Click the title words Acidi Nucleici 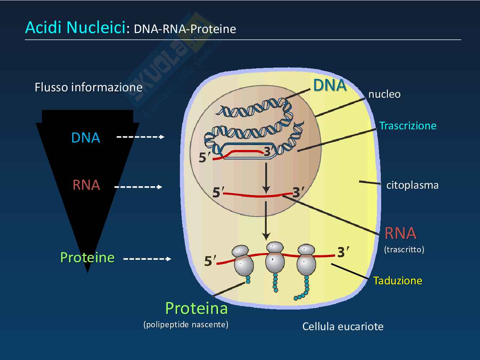click(75, 28)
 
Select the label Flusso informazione click(88, 87)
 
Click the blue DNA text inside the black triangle click(86, 138)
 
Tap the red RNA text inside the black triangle click(86, 185)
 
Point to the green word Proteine click(87, 257)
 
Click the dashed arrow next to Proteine click(147, 259)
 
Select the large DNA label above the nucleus click(330, 85)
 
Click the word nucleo click(384, 94)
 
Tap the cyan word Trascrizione click(407, 126)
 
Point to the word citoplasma click(412, 185)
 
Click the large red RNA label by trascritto click(400, 233)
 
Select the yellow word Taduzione click(398, 281)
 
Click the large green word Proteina click(196, 308)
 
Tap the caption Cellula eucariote click(343, 327)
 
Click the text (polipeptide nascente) click(186, 324)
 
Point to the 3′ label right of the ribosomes click(343, 252)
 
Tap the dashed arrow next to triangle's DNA click(140, 137)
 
